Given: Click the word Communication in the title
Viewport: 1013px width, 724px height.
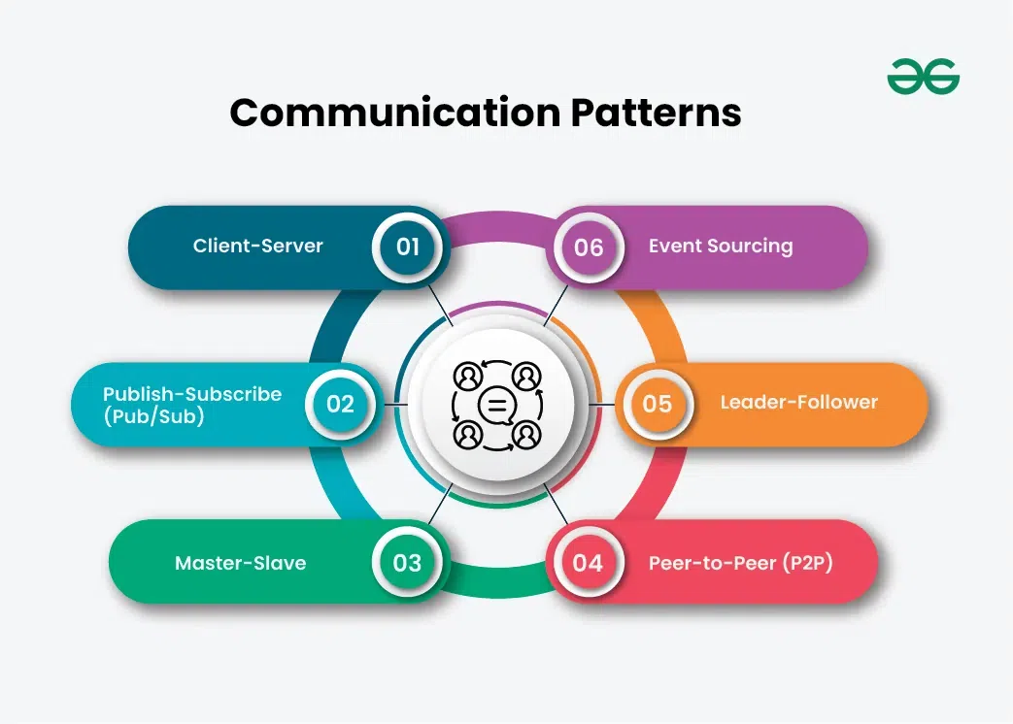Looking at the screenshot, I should (395, 114).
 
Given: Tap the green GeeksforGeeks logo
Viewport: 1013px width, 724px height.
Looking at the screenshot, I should (923, 76).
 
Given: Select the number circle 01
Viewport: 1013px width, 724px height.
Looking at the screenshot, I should (408, 247).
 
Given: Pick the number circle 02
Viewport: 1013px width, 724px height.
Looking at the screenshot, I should (340, 403).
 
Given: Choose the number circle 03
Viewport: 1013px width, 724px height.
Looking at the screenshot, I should (408, 563).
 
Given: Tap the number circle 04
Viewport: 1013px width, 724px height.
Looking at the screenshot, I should (588, 563).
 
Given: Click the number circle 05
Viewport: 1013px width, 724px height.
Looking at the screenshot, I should (658, 403).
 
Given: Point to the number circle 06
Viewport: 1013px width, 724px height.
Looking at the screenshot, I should (589, 247).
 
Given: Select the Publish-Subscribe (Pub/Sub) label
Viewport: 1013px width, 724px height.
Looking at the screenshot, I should (192, 404).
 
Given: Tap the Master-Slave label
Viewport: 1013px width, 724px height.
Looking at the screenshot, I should (240, 563).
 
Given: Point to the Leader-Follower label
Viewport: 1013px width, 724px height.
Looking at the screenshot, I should (798, 403).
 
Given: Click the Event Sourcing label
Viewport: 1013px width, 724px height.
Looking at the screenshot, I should (721, 247).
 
